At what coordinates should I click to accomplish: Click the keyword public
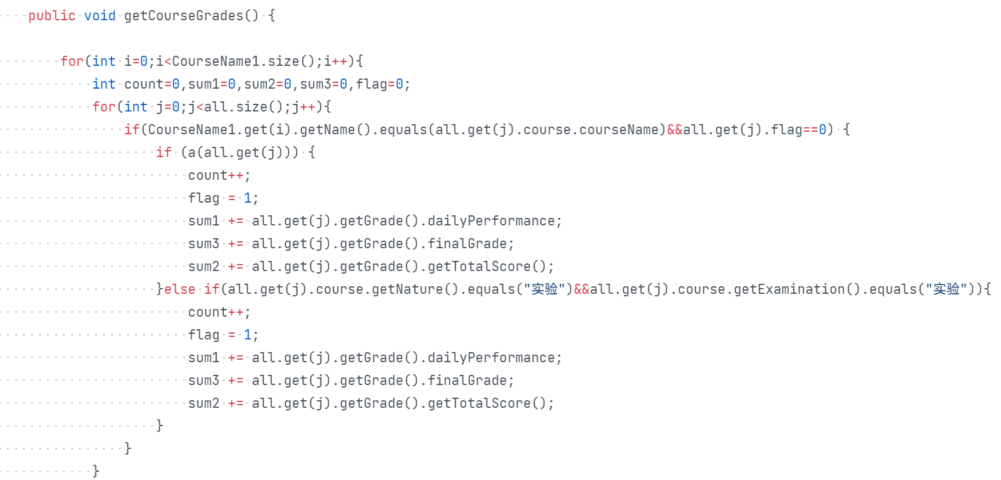coord(52,16)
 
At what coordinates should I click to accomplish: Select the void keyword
coord(100,16)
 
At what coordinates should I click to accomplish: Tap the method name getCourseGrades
coord(184,16)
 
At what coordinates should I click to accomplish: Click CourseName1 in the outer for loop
coord(216,61)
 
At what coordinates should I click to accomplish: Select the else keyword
coord(180,289)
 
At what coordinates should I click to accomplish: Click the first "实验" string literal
coord(544,289)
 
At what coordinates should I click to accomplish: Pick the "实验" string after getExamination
coord(946,289)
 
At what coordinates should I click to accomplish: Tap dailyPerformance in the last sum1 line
coord(491,358)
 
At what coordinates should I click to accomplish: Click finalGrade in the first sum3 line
coord(467,244)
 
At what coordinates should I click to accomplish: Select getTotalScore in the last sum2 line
coord(479,403)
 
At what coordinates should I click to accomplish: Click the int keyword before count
coord(104,84)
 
